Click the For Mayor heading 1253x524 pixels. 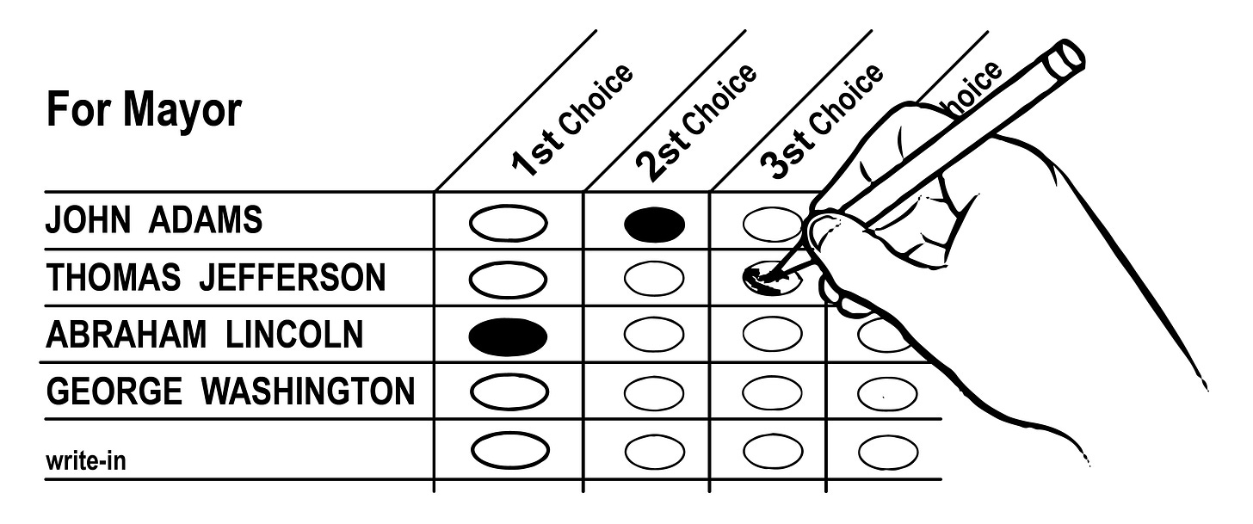click(x=144, y=110)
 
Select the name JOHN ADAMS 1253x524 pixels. click(x=154, y=221)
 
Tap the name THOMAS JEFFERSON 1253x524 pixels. click(x=216, y=278)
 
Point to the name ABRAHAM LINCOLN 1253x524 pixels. click(x=204, y=335)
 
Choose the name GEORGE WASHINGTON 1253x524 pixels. click(x=230, y=391)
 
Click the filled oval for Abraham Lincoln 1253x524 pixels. click(x=508, y=336)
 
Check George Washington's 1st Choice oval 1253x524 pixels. click(x=508, y=392)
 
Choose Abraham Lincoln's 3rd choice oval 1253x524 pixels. click(x=772, y=336)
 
